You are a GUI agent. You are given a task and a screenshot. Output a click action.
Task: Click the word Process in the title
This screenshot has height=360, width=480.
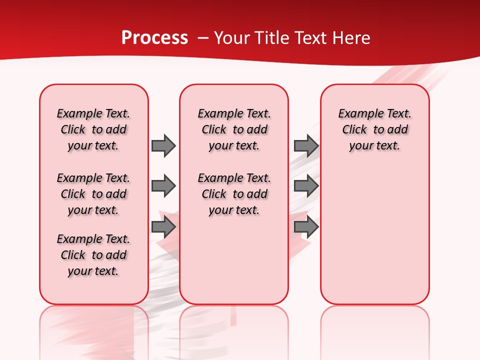tap(154, 38)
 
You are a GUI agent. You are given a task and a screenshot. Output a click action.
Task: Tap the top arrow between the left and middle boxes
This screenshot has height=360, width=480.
tap(163, 145)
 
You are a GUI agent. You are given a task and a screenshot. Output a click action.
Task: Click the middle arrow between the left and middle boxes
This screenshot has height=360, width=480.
tap(163, 186)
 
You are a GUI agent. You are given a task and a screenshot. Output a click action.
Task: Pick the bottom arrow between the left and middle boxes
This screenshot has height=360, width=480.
tap(163, 227)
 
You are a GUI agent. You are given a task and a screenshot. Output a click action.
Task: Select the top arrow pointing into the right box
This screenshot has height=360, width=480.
tap(306, 145)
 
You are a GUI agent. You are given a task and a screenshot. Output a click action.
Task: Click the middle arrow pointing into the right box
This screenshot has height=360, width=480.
tap(306, 186)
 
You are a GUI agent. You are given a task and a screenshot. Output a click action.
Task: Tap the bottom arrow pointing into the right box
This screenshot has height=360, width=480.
tap(306, 227)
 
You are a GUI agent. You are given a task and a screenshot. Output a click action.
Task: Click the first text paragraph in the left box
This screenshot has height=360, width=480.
tap(93, 129)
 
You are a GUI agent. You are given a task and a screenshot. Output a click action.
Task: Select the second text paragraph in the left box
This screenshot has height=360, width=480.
tap(93, 194)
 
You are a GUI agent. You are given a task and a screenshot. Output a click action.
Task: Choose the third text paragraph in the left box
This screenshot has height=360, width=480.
tap(93, 255)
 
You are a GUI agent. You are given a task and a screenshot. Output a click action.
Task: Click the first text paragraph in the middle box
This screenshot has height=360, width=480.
tap(234, 129)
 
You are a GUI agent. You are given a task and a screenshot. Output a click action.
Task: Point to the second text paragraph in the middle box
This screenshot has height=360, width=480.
tap(234, 194)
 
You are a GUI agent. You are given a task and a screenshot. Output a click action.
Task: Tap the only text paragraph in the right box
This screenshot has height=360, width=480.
tap(375, 129)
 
